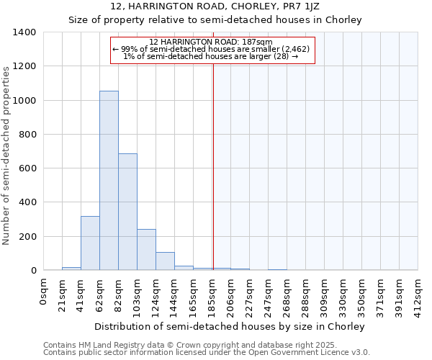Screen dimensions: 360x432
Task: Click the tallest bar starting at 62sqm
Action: click(109, 180)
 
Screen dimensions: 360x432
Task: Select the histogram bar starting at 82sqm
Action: click(127, 212)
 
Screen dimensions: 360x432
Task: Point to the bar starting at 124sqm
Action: click(165, 261)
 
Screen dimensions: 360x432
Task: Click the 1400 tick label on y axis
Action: click(24, 32)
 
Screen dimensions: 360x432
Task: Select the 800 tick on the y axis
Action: click(27, 135)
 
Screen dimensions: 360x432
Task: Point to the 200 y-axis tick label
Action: click(27, 237)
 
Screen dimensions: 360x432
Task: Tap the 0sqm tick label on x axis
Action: click(44, 292)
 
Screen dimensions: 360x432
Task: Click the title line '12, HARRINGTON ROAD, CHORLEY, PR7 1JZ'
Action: click(215, 6)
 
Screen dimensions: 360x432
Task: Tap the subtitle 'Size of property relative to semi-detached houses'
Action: click(215, 19)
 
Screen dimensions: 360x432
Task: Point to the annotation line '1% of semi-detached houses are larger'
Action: click(211, 56)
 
